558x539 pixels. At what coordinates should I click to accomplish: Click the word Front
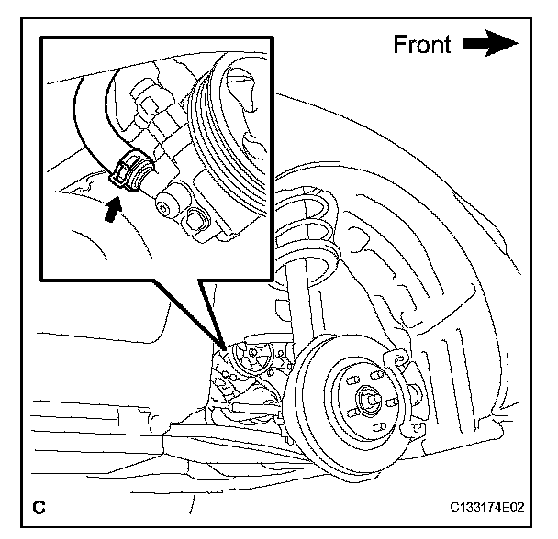pos(422,43)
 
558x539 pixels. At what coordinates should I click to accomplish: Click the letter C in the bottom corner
pos(39,505)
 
